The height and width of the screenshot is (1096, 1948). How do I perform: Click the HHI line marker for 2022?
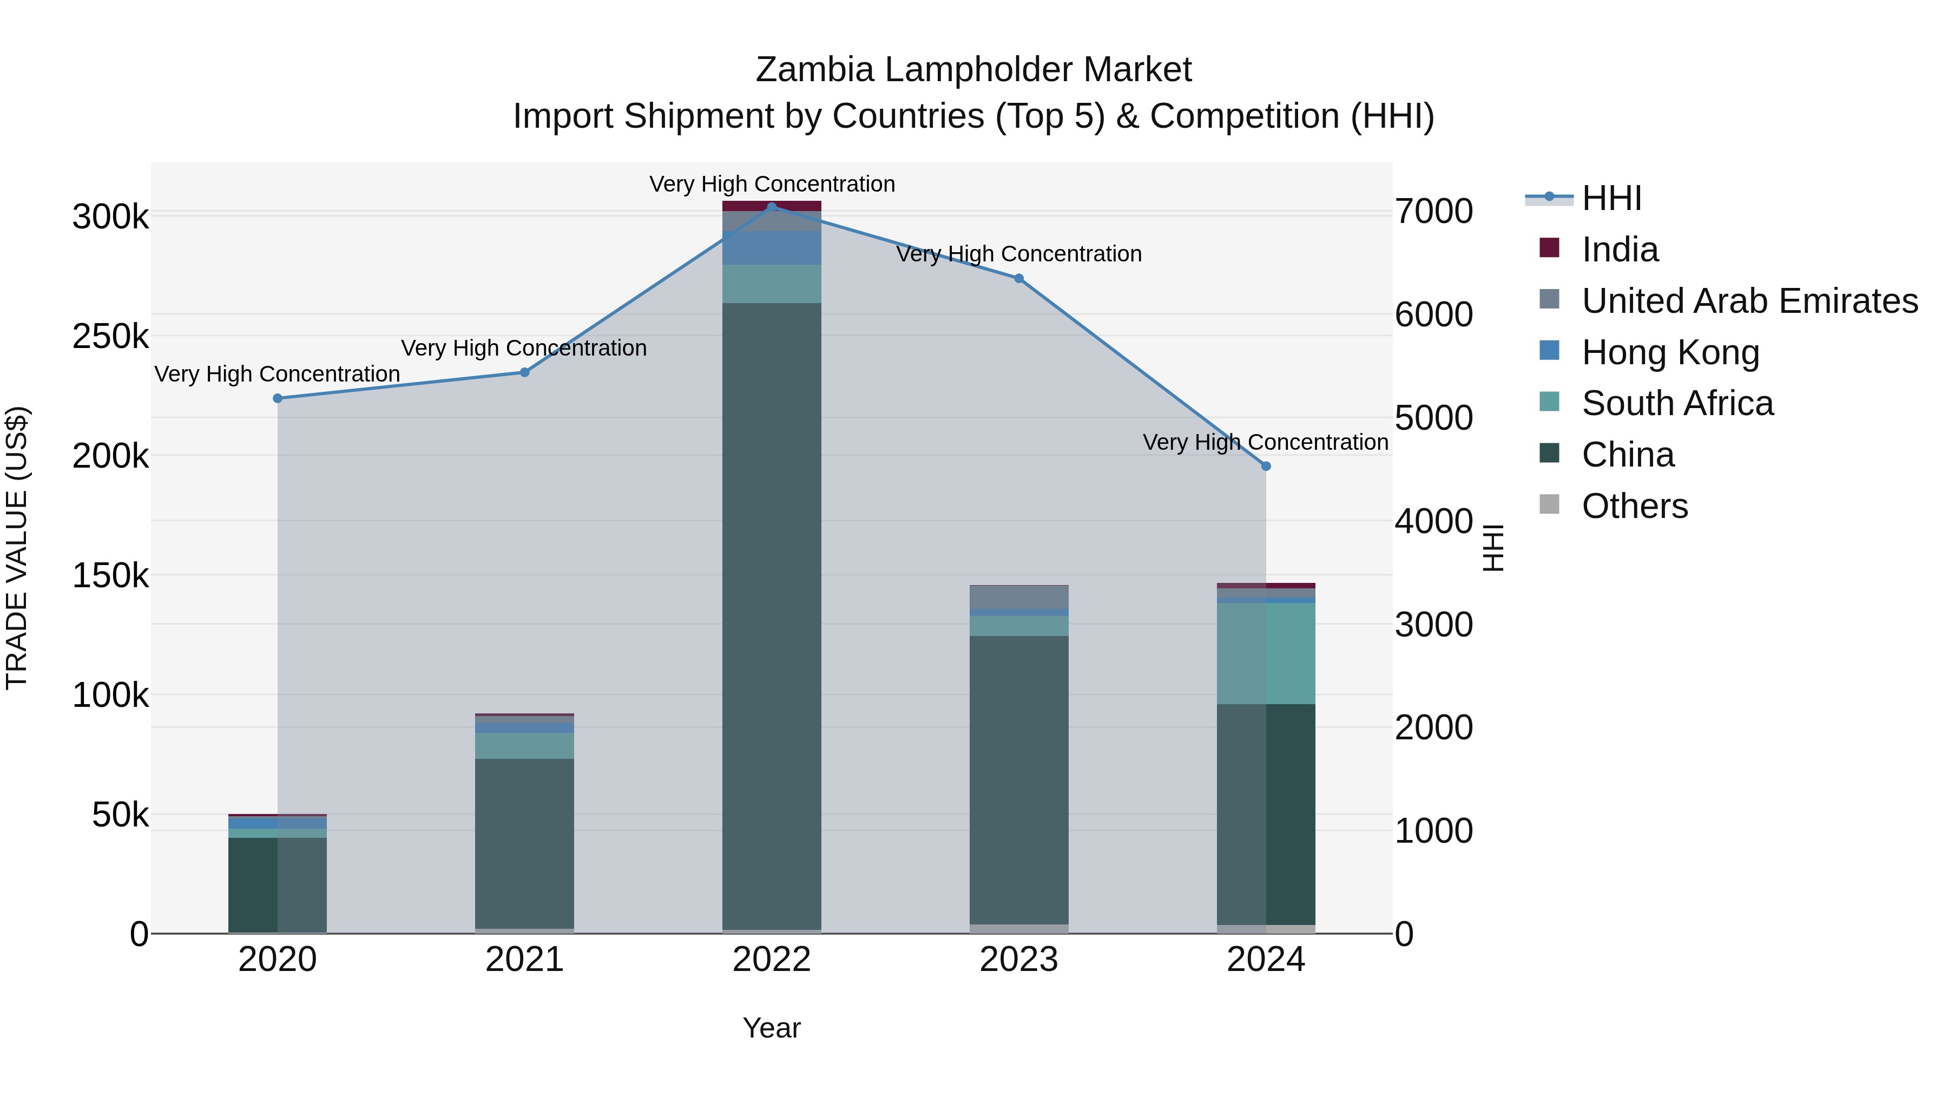(771, 207)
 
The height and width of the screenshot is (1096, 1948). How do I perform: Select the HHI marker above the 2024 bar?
(1266, 467)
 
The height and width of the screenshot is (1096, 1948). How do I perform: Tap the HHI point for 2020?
(278, 398)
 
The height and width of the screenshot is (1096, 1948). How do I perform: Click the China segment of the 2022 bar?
(771, 605)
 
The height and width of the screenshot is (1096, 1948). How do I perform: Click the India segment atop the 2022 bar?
(771, 205)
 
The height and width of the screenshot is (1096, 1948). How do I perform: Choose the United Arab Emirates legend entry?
(1748, 301)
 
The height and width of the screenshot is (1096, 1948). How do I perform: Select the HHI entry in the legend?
(1611, 198)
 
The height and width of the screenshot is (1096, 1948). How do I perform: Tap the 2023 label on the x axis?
(1018, 960)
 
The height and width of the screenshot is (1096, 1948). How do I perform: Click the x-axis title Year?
(771, 1028)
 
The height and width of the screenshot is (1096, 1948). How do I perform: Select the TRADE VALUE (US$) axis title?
(17, 548)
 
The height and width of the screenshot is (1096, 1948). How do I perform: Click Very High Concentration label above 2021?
(523, 348)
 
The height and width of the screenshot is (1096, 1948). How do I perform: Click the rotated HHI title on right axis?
(1493, 548)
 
